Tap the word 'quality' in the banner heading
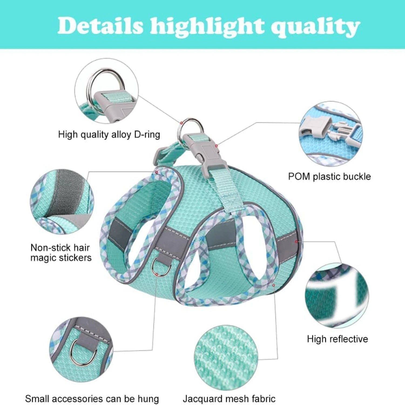pyautogui.click(x=316, y=27)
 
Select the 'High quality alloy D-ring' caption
pyautogui.click(x=109, y=134)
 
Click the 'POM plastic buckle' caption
pyautogui.click(x=329, y=176)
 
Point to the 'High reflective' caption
pyautogui.click(x=337, y=339)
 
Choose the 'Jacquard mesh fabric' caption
pyautogui.click(x=229, y=399)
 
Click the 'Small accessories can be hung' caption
pyautogui.click(x=92, y=399)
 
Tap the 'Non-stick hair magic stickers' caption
pyautogui.click(x=61, y=252)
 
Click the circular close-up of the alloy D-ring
pyautogui.click(x=107, y=91)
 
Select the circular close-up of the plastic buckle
pyautogui.click(x=331, y=134)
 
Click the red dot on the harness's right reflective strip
pyautogui.click(x=296, y=241)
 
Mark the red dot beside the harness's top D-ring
pyautogui.click(x=182, y=123)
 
